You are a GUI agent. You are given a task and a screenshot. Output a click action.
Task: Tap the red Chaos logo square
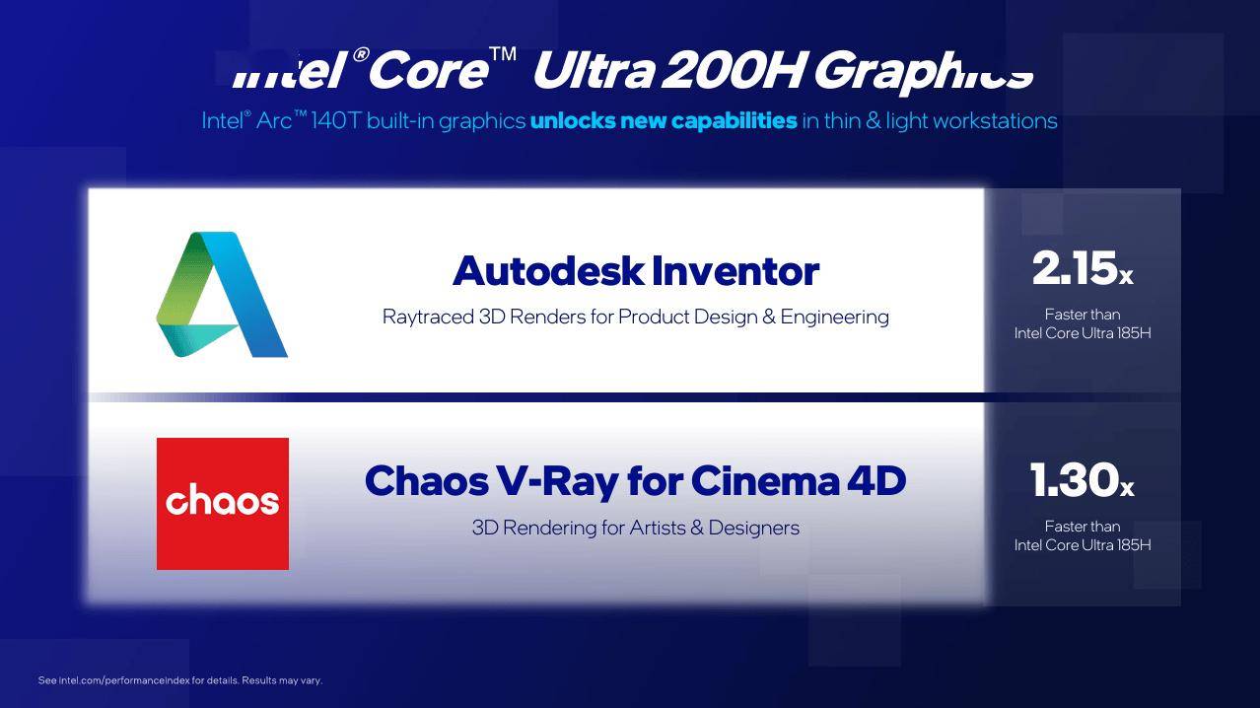coord(223,504)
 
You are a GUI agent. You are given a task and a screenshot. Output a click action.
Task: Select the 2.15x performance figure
coord(1083,268)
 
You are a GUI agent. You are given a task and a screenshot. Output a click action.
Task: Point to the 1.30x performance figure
coord(1082,480)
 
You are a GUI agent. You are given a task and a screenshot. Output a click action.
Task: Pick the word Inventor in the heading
coord(735,271)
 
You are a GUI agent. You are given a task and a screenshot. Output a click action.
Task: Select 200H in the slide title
coord(735,70)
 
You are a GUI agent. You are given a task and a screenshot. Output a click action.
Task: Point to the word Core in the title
coord(429,70)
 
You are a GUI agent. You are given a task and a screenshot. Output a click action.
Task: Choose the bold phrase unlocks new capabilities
coord(664,121)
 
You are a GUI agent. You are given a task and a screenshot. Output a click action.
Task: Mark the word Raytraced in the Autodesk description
coord(428,318)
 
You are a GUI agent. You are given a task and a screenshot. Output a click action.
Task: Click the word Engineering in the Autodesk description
coord(835,318)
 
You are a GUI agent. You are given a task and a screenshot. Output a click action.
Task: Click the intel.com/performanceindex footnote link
coord(124,680)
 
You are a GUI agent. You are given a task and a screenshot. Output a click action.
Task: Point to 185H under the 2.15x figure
coord(1134,333)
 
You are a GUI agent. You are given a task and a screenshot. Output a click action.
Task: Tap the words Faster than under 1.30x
coord(1083,527)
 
